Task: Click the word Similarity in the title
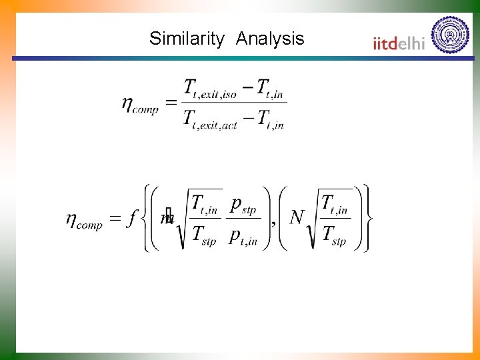[x=187, y=39]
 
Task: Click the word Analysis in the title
[x=270, y=39]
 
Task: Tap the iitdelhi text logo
[x=399, y=43]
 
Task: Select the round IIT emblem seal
[x=450, y=35]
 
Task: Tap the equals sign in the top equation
[x=171, y=103]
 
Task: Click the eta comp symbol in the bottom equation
[x=84, y=220]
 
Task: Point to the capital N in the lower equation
[x=297, y=217]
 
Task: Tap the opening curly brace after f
[x=147, y=218]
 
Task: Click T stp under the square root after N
[x=333, y=235]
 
